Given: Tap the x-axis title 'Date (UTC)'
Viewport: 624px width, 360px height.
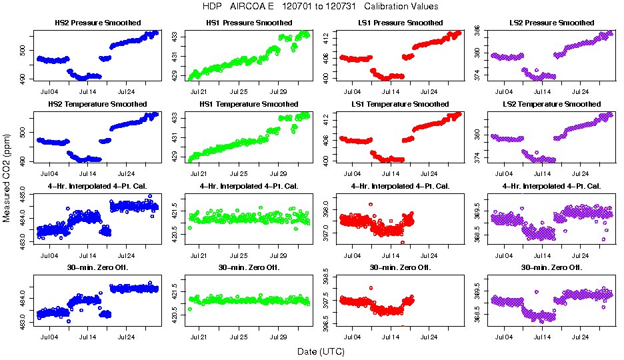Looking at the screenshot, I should [x=321, y=351].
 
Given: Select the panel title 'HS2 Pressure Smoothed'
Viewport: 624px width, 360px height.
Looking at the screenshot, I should [x=97, y=23].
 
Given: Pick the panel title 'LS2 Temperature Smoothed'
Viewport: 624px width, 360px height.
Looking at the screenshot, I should [x=551, y=104].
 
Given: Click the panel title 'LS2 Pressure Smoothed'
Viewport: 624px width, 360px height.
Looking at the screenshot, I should [x=551, y=23].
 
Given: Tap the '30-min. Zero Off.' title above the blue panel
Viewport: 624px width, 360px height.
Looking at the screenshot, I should [x=97, y=267].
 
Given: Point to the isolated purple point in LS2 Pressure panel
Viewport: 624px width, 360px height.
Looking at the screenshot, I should [x=537, y=70].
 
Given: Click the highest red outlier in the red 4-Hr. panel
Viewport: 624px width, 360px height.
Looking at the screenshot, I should [x=371, y=204].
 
